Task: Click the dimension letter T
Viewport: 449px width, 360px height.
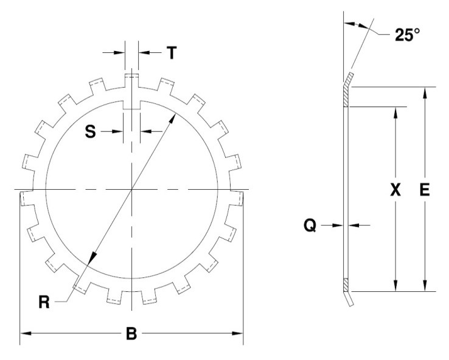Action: [x=172, y=53]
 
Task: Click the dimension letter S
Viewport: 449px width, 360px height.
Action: [x=91, y=131]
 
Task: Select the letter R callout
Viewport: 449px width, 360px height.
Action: [x=44, y=302]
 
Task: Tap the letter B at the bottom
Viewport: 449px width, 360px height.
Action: [x=131, y=333]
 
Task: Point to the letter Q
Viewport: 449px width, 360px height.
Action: [x=310, y=225]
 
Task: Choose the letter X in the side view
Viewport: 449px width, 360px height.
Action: [x=395, y=190]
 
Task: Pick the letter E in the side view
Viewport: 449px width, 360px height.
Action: [x=425, y=190]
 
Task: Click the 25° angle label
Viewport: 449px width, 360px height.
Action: [x=407, y=35]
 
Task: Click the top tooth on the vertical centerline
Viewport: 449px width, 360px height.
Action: [x=132, y=81]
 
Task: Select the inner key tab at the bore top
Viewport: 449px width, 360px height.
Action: [x=131, y=105]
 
